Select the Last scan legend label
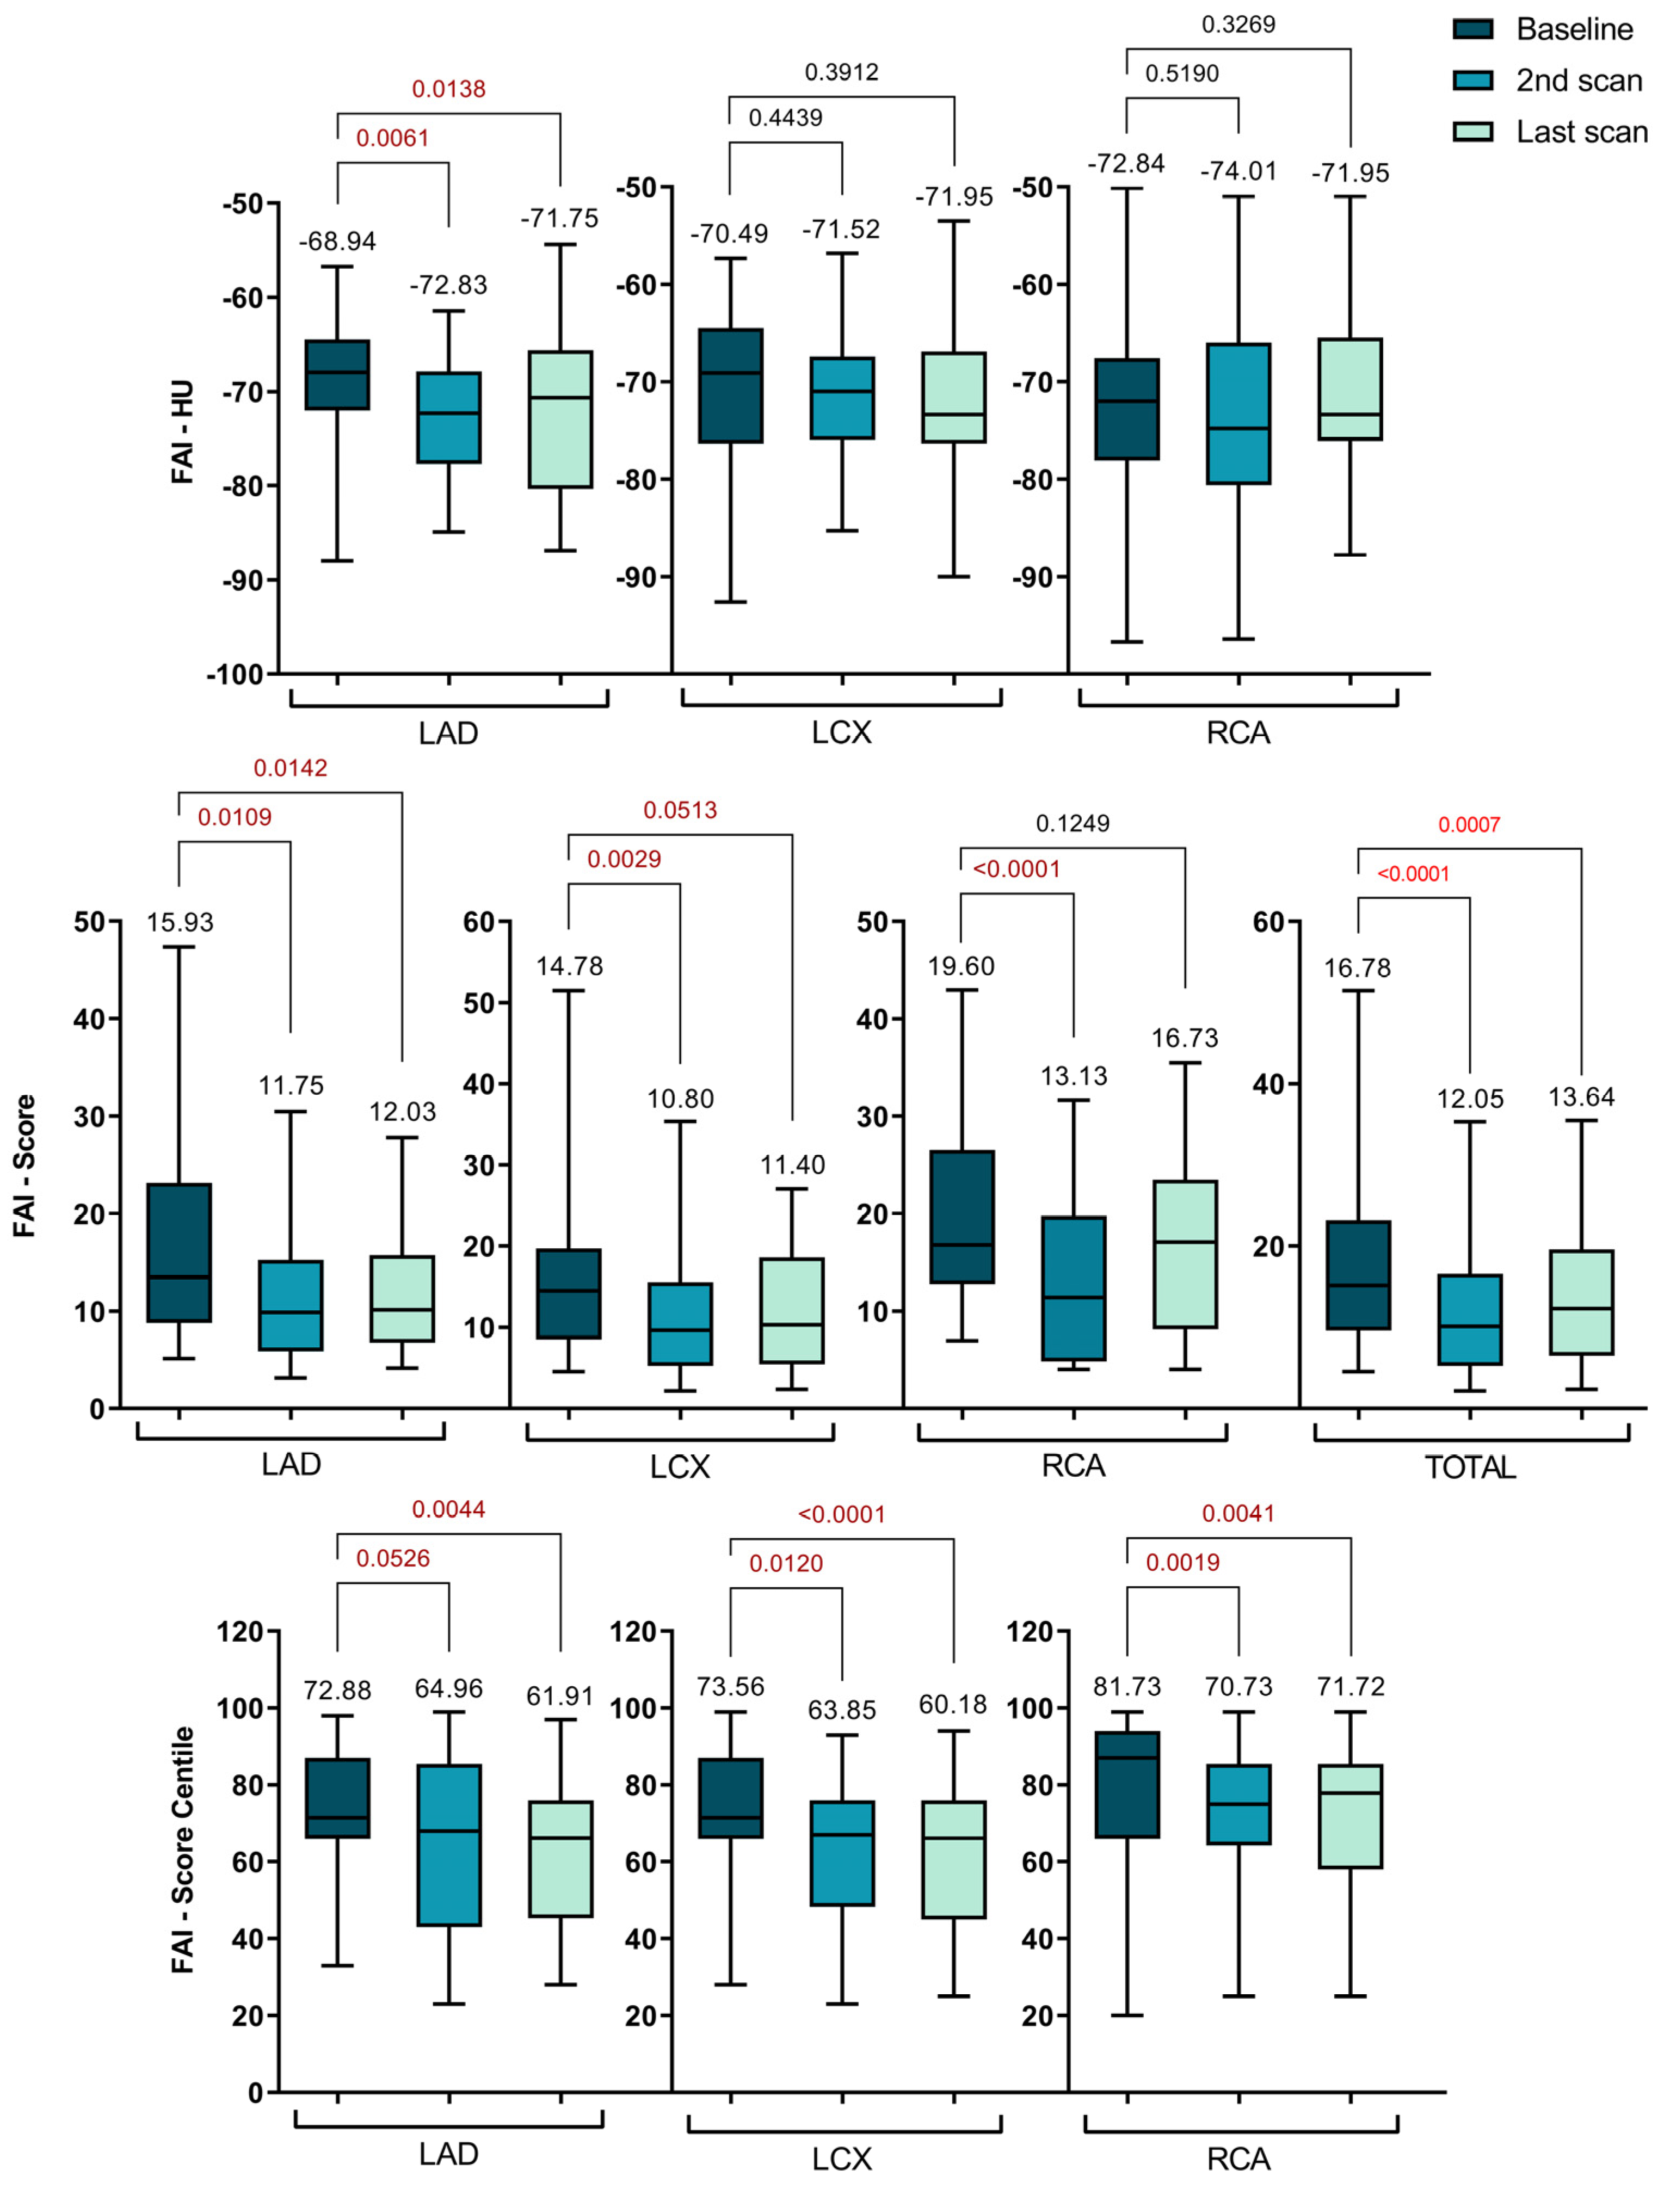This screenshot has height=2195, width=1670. pos(1581,132)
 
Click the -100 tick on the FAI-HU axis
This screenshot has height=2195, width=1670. pos(236,675)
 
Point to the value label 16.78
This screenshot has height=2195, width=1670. pos(1357,968)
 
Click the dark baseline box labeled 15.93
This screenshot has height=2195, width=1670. pos(179,1253)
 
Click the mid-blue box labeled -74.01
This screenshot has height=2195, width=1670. pos(1238,414)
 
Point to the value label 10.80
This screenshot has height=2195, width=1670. pos(680,1100)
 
